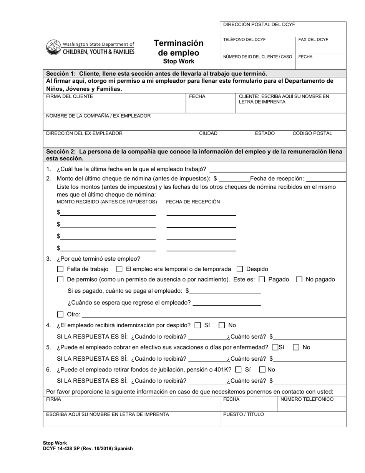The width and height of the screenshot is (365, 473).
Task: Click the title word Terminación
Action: (x=179, y=43)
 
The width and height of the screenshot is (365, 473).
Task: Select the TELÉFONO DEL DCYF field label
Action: (x=244, y=40)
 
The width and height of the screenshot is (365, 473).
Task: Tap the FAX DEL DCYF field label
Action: (x=313, y=40)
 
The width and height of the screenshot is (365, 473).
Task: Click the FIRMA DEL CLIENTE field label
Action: (x=70, y=97)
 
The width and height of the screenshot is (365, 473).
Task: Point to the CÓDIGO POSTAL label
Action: (x=312, y=133)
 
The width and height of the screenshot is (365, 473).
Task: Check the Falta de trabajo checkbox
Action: (x=60, y=269)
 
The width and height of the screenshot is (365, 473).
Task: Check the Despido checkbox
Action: (x=240, y=269)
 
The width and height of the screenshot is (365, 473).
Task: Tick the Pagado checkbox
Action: (x=262, y=280)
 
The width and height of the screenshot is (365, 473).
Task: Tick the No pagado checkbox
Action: (x=299, y=280)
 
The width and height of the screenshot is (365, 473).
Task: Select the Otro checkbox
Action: (x=60, y=314)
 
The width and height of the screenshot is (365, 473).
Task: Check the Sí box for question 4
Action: (x=198, y=325)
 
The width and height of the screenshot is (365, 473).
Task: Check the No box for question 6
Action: (x=262, y=370)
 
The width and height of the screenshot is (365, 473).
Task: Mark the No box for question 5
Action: (x=296, y=348)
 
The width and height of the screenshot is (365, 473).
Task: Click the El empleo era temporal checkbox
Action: (x=119, y=269)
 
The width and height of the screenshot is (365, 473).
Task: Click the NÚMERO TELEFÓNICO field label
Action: (x=307, y=399)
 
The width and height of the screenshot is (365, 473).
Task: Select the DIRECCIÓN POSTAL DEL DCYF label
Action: (x=259, y=25)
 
